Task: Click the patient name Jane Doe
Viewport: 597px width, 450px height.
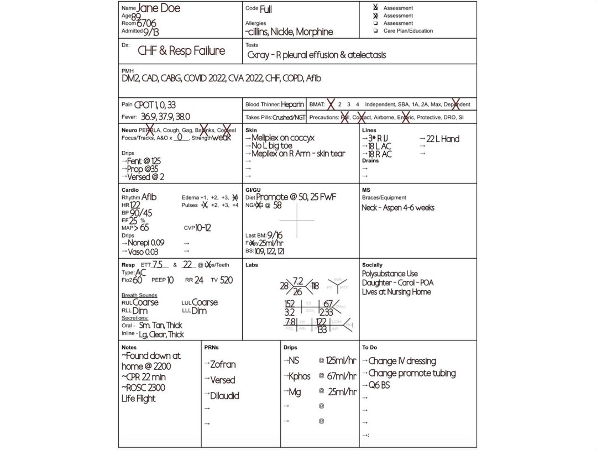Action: pos(158,8)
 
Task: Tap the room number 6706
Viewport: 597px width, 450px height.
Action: pos(146,24)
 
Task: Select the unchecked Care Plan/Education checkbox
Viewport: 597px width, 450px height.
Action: pos(376,32)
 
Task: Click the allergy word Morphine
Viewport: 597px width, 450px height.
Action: pos(314,32)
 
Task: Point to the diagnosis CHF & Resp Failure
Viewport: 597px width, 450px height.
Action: pos(181,51)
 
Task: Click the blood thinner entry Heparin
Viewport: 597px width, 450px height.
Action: pos(292,104)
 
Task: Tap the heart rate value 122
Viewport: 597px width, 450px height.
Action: pos(135,205)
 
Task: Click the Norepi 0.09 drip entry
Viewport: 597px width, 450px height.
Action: pos(145,242)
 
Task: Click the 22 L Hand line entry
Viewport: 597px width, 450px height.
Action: pos(442,139)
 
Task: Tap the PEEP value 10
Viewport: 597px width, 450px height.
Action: pos(170,280)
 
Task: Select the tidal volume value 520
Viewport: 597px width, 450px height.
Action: pos(227,280)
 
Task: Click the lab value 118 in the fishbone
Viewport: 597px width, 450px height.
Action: pos(315,286)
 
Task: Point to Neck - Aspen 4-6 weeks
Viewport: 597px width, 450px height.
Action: pos(398,208)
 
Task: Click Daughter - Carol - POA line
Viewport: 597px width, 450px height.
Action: pos(398,283)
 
